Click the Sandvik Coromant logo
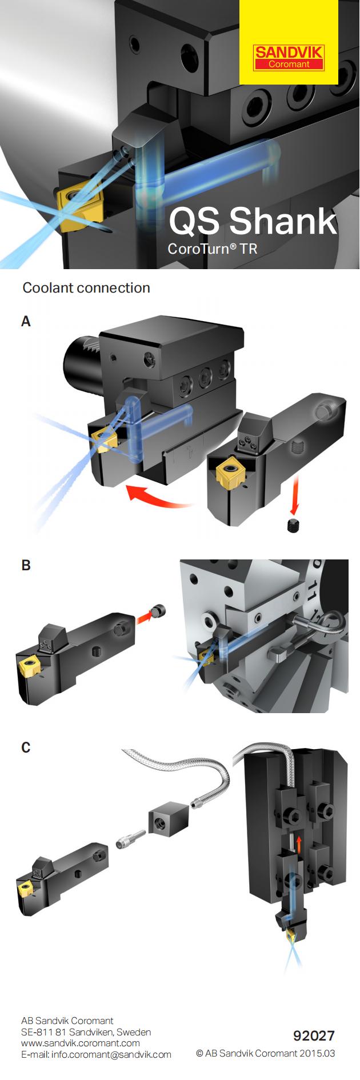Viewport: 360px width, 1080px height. [289, 57]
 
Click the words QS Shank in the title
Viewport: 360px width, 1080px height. [253, 221]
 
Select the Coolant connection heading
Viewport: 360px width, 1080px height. [86, 287]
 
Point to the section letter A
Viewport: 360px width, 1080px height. [26, 322]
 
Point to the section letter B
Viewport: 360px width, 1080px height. [26, 565]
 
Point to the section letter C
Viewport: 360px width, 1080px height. [26, 747]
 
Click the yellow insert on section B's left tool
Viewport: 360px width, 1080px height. [26, 666]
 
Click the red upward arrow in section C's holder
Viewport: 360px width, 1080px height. [298, 845]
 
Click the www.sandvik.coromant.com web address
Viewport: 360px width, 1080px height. [80, 1043]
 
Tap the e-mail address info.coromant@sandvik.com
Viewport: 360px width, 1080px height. [96, 1054]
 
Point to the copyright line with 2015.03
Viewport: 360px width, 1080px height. [265, 1053]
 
